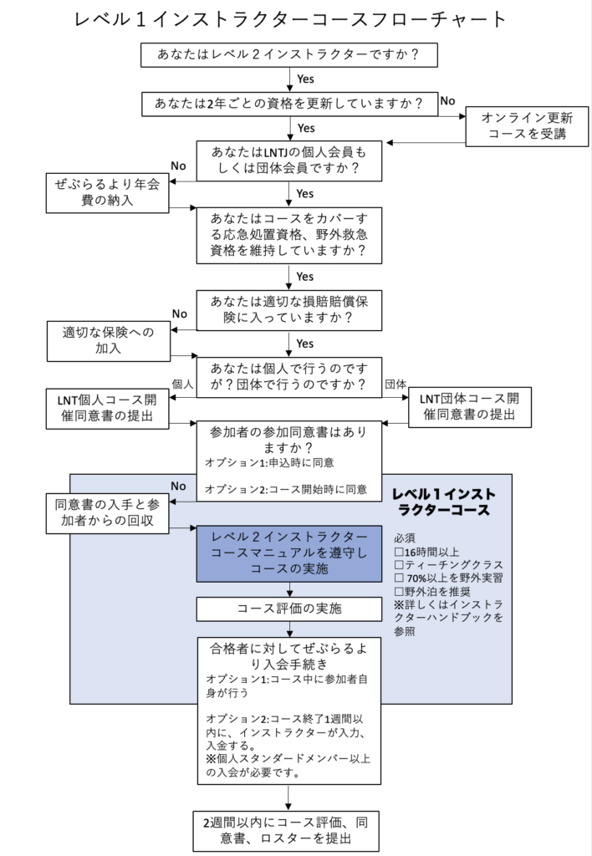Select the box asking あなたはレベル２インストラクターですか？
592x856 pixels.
[x=288, y=54]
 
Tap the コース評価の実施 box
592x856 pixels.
[x=288, y=608]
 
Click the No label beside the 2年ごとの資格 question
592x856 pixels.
[x=447, y=101]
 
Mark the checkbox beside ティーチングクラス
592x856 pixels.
[x=398, y=565]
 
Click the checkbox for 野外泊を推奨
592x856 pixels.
[x=398, y=591]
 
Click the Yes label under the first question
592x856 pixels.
[x=305, y=79]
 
